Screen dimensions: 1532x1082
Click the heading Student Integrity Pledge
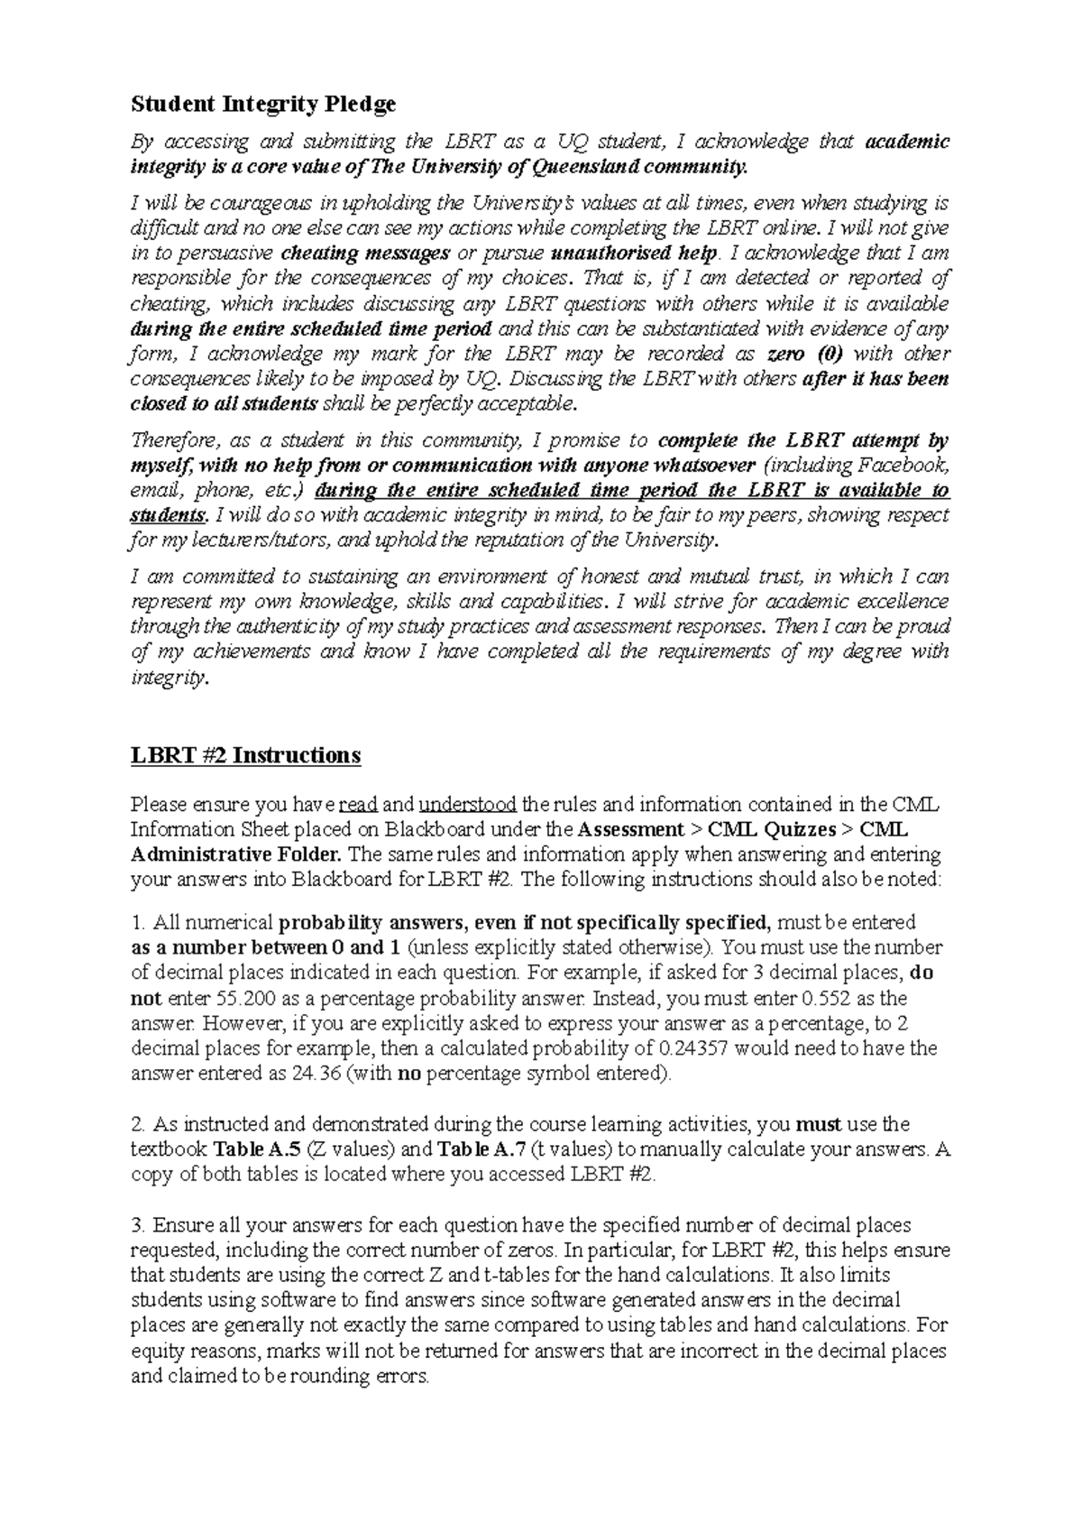point(263,105)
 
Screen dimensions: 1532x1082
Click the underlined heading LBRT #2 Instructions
point(245,754)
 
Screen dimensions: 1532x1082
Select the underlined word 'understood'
point(468,804)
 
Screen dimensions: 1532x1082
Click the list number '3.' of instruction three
point(138,1225)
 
